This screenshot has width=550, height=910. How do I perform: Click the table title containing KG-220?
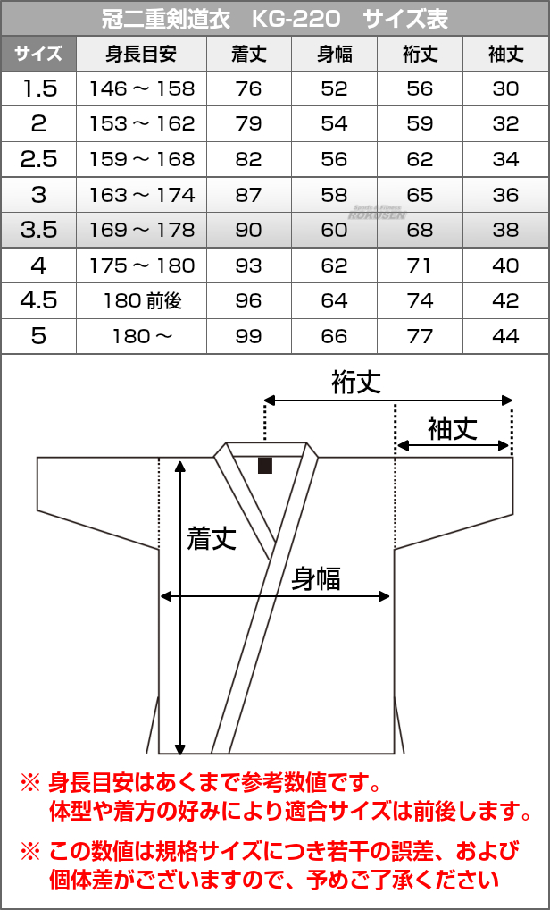point(275,18)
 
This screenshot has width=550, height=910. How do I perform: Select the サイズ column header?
point(38,54)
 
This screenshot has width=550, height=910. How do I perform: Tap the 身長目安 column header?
point(141,54)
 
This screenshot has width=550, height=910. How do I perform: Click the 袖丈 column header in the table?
point(505,54)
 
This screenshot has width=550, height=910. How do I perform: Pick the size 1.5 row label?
point(38,88)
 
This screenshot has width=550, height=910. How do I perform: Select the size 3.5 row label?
point(38,230)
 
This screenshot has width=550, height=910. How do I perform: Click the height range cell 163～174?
point(141,195)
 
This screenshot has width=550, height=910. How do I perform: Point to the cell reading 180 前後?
point(141,300)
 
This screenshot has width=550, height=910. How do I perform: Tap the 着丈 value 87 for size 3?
point(248,195)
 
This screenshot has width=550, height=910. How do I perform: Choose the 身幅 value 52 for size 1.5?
point(334,88)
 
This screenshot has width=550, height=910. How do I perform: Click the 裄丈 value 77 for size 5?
point(420,336)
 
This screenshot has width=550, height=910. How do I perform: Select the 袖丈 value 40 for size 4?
point(505,265)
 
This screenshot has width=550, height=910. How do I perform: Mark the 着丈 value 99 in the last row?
point(248,336)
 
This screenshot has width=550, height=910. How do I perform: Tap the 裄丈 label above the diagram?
point(356,383)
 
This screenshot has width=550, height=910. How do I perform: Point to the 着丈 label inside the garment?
point(212,536)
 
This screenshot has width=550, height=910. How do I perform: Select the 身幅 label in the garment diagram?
point(316,578)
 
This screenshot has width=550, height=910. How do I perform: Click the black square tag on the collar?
point(264,465)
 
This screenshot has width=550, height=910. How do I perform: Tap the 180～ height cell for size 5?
point(141,336)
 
